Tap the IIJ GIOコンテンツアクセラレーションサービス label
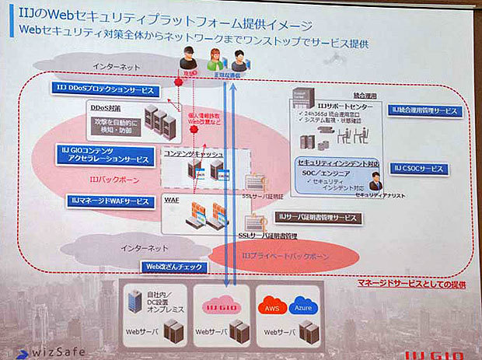[104, 154]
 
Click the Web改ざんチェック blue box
[174, 267]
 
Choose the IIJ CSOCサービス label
[420, 169]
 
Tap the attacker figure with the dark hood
[187, 55]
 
